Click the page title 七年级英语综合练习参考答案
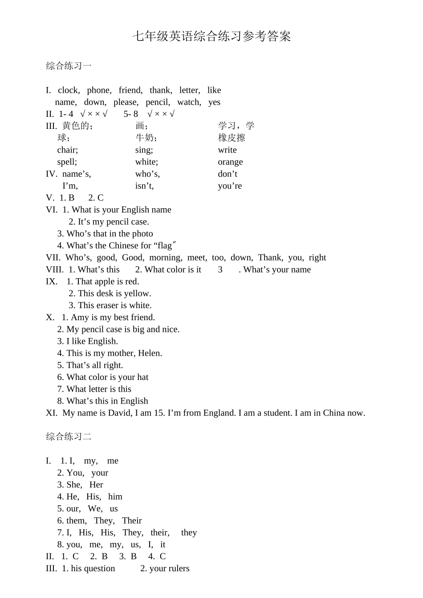click(x=211, y=37)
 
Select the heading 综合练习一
click(x=69, y=66)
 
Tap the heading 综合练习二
click(x=69, y=437)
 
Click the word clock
click(x=69, y=90)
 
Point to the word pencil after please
click(x=158, y=102)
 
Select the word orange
click(x=230, y=162)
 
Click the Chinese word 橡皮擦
click(x=232, y=138)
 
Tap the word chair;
click(x=68, y=150)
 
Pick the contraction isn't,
click(x=144, y=186)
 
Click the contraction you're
click(x=230, y=186)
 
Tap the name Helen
click(x=150, y=353)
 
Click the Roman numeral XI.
click(x=52, y=413)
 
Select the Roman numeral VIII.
click(x=55, y=269)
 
